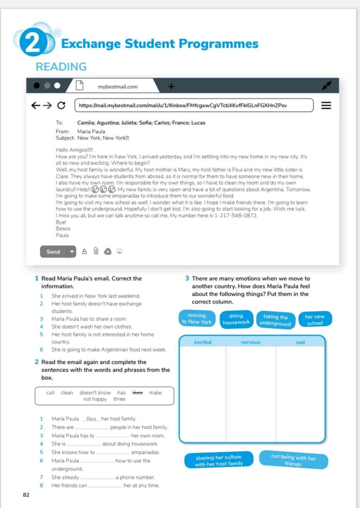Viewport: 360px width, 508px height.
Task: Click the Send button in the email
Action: [x=53, y=252]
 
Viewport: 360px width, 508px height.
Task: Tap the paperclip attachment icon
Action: [x=96, y=251]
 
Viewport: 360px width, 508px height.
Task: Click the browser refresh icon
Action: [x=61, y=105]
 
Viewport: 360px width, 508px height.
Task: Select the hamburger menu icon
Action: [x=326, y=105]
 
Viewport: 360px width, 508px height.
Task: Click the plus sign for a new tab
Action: [x=171, y=86]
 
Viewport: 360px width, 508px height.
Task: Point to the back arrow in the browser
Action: [x=36, y=105]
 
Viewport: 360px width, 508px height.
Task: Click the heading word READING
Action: [x=61, y=67]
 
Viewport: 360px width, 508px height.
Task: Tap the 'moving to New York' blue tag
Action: [x=197, y=319]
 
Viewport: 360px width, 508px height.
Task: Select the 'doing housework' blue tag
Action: [x=236, y=319]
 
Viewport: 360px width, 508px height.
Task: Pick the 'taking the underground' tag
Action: [x=275, y=320]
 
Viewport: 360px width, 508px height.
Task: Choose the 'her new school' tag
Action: [x=315, y=320]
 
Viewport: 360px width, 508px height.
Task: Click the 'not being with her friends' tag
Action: [x=293, y=460]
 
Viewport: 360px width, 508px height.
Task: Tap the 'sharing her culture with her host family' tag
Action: [x=219, y=460]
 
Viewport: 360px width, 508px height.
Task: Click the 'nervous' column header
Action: [x=251, y=342]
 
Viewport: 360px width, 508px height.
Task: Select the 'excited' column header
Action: [x=203, y=342]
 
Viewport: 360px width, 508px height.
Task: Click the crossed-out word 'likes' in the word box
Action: [x=137, y=393]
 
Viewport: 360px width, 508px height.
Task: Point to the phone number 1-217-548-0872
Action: [x=236, y=216]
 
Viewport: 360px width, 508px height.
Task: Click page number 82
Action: [x=26, y=495]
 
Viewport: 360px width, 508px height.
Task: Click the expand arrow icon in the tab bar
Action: [x=326, y=85]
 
